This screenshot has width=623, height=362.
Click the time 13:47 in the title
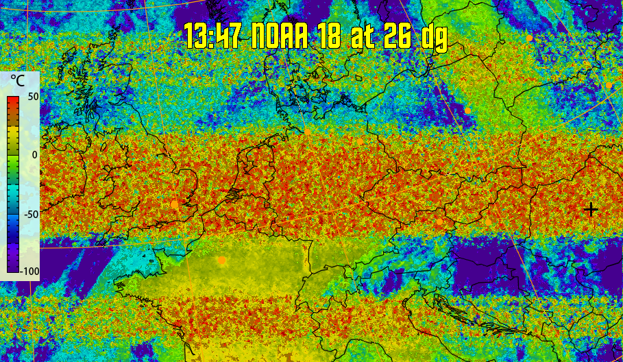click(212, 35)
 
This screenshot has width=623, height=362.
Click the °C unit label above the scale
click(17, 81)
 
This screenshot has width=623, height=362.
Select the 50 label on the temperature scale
click(32, 97)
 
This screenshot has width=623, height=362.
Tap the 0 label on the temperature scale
click(34, 155)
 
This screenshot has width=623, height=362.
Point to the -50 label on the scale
click(30, 213)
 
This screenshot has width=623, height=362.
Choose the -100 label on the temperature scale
click(29, 271)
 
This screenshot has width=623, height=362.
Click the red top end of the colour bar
click(12, 100)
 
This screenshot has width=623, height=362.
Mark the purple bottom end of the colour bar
click(12, 270)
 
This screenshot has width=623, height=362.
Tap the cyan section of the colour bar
click(12, 192)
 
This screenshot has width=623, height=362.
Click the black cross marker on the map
click(590, 209)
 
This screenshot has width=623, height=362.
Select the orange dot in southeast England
click(174, 204)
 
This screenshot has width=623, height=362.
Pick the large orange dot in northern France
click(221, 261)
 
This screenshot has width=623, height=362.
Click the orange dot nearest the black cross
click(487, 221)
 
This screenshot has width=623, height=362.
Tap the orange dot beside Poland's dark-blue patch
click(467, 110)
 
